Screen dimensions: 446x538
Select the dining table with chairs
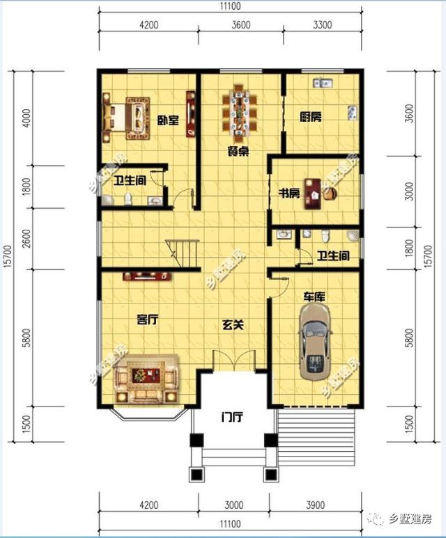click(x=240, y=113)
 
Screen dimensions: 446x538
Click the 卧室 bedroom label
click(x=169, y=120)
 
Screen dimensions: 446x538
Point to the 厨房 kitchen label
click(x=311, y=118)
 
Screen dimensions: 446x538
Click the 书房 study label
click(x=289, y=193)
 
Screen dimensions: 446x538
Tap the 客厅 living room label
click(x=148, y=319)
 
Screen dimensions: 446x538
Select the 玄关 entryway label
click(x=233, y=324)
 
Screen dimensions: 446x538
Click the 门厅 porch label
click(x=232, y=417)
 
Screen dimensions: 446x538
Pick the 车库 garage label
click(x=314, y=296)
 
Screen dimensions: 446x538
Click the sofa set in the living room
click(x=146, y=378)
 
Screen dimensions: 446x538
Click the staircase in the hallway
click(x=183, y=254)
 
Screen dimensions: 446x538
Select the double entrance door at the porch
click(x=233, y=361)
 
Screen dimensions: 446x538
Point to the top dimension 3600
click(x=241, y=24)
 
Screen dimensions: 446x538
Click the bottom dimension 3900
click(x=315, y=505)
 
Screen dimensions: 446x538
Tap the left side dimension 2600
click(x=26, y=239)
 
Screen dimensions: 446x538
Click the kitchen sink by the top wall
click(x=322, y=83)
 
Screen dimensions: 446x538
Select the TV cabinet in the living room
click(x=147, y=276)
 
